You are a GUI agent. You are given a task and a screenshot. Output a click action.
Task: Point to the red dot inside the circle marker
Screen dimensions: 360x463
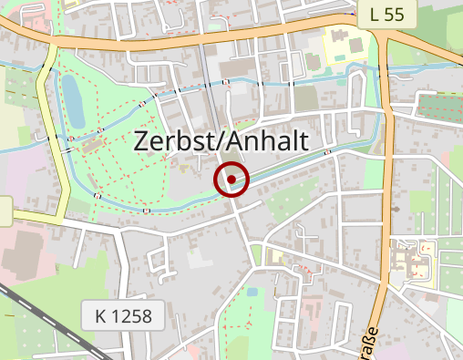(x=232, y=180)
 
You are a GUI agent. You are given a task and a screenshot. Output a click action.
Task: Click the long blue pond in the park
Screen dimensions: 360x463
(x=71, y=100)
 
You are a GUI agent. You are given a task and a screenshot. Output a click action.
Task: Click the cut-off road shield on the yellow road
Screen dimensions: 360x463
(x=5, y=211)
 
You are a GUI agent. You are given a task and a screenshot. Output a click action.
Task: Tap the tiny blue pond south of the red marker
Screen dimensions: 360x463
(x=252, y=293)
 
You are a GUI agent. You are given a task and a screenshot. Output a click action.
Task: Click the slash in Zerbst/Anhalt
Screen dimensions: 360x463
(x=217, y=140)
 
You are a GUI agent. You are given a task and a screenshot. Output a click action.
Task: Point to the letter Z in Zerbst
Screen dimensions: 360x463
(x=142, y=140)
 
